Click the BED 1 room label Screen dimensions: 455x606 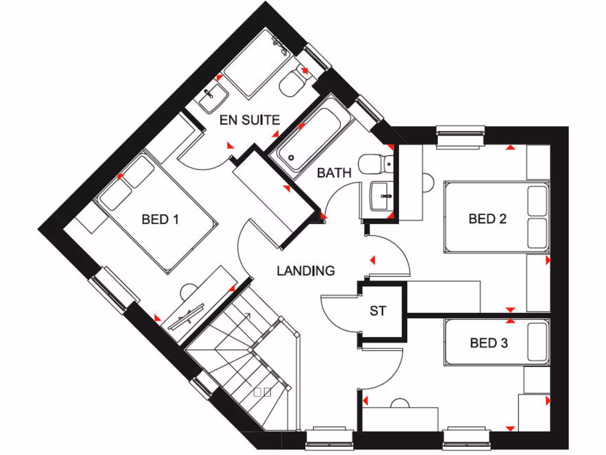point(160,219)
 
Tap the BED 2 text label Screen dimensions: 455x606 point(488,219)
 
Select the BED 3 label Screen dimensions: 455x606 point(489,342)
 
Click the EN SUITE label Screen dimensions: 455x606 point(249,120)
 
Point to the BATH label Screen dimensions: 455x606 point(334,173)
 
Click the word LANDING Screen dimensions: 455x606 point(305,271)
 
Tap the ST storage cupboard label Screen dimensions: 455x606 point(378,310)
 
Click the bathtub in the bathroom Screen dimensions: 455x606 point(311,138)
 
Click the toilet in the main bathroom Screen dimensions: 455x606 point(375,163)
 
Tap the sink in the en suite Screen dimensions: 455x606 point(212,97)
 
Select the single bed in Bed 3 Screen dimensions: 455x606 point(496,342)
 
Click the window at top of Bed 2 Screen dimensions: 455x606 point(460,134)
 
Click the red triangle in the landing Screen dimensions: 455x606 point(373,259)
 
